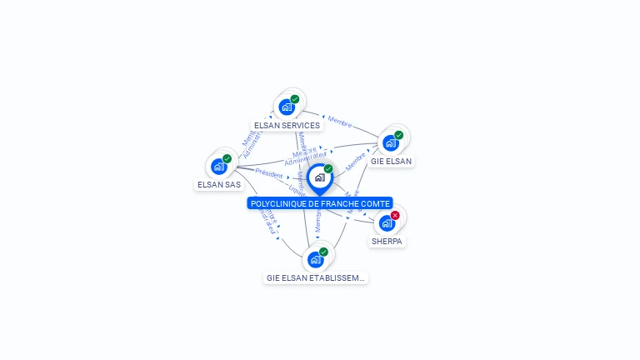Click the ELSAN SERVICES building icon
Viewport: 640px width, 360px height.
pos(287,107)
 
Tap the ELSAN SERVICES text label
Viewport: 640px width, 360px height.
pos(287,126)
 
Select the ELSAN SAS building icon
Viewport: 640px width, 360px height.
pos(219,166)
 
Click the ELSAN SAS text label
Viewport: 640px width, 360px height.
pos(219,184)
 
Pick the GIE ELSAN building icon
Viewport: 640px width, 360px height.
pos(390,142)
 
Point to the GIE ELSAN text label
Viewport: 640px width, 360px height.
pos(391,161)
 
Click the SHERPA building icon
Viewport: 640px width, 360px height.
pos(386,223)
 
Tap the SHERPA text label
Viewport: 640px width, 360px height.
pos(387,242)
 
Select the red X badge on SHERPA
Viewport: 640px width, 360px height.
pos(395,215)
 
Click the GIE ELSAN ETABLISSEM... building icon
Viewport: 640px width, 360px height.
pos(315,259)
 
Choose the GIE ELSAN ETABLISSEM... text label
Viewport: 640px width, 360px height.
pos(316,277)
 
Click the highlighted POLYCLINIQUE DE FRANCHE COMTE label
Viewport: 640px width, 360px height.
pos(320,203)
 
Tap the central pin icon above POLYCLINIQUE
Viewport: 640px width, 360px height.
pos(319,177)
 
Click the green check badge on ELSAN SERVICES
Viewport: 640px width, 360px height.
pos(295,99)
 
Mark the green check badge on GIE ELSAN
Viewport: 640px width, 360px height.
pos(399,135)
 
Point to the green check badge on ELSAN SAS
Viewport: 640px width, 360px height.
pos(227,158)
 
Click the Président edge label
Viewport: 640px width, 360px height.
pos(269,173)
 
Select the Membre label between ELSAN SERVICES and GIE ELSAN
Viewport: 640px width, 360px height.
pos(339,122)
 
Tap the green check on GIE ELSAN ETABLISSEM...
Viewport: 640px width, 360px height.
pos(323,252)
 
